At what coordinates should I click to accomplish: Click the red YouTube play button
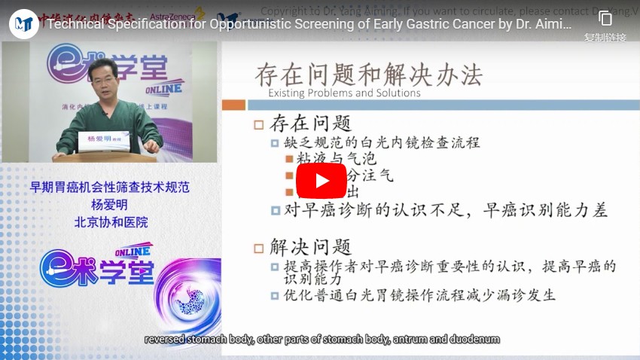tap(320, 181)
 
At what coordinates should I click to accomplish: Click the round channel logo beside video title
tap(24, 23)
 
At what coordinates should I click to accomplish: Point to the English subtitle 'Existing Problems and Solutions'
tap(344, 93)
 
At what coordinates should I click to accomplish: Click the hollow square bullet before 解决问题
tap(259, 247)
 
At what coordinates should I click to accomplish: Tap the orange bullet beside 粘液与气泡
tap(289, 159)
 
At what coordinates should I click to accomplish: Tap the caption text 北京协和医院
tap(111, 222)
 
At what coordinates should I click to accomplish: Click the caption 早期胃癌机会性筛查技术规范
tap(110, 188)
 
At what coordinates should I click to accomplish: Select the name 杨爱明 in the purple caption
tap(111, 205)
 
